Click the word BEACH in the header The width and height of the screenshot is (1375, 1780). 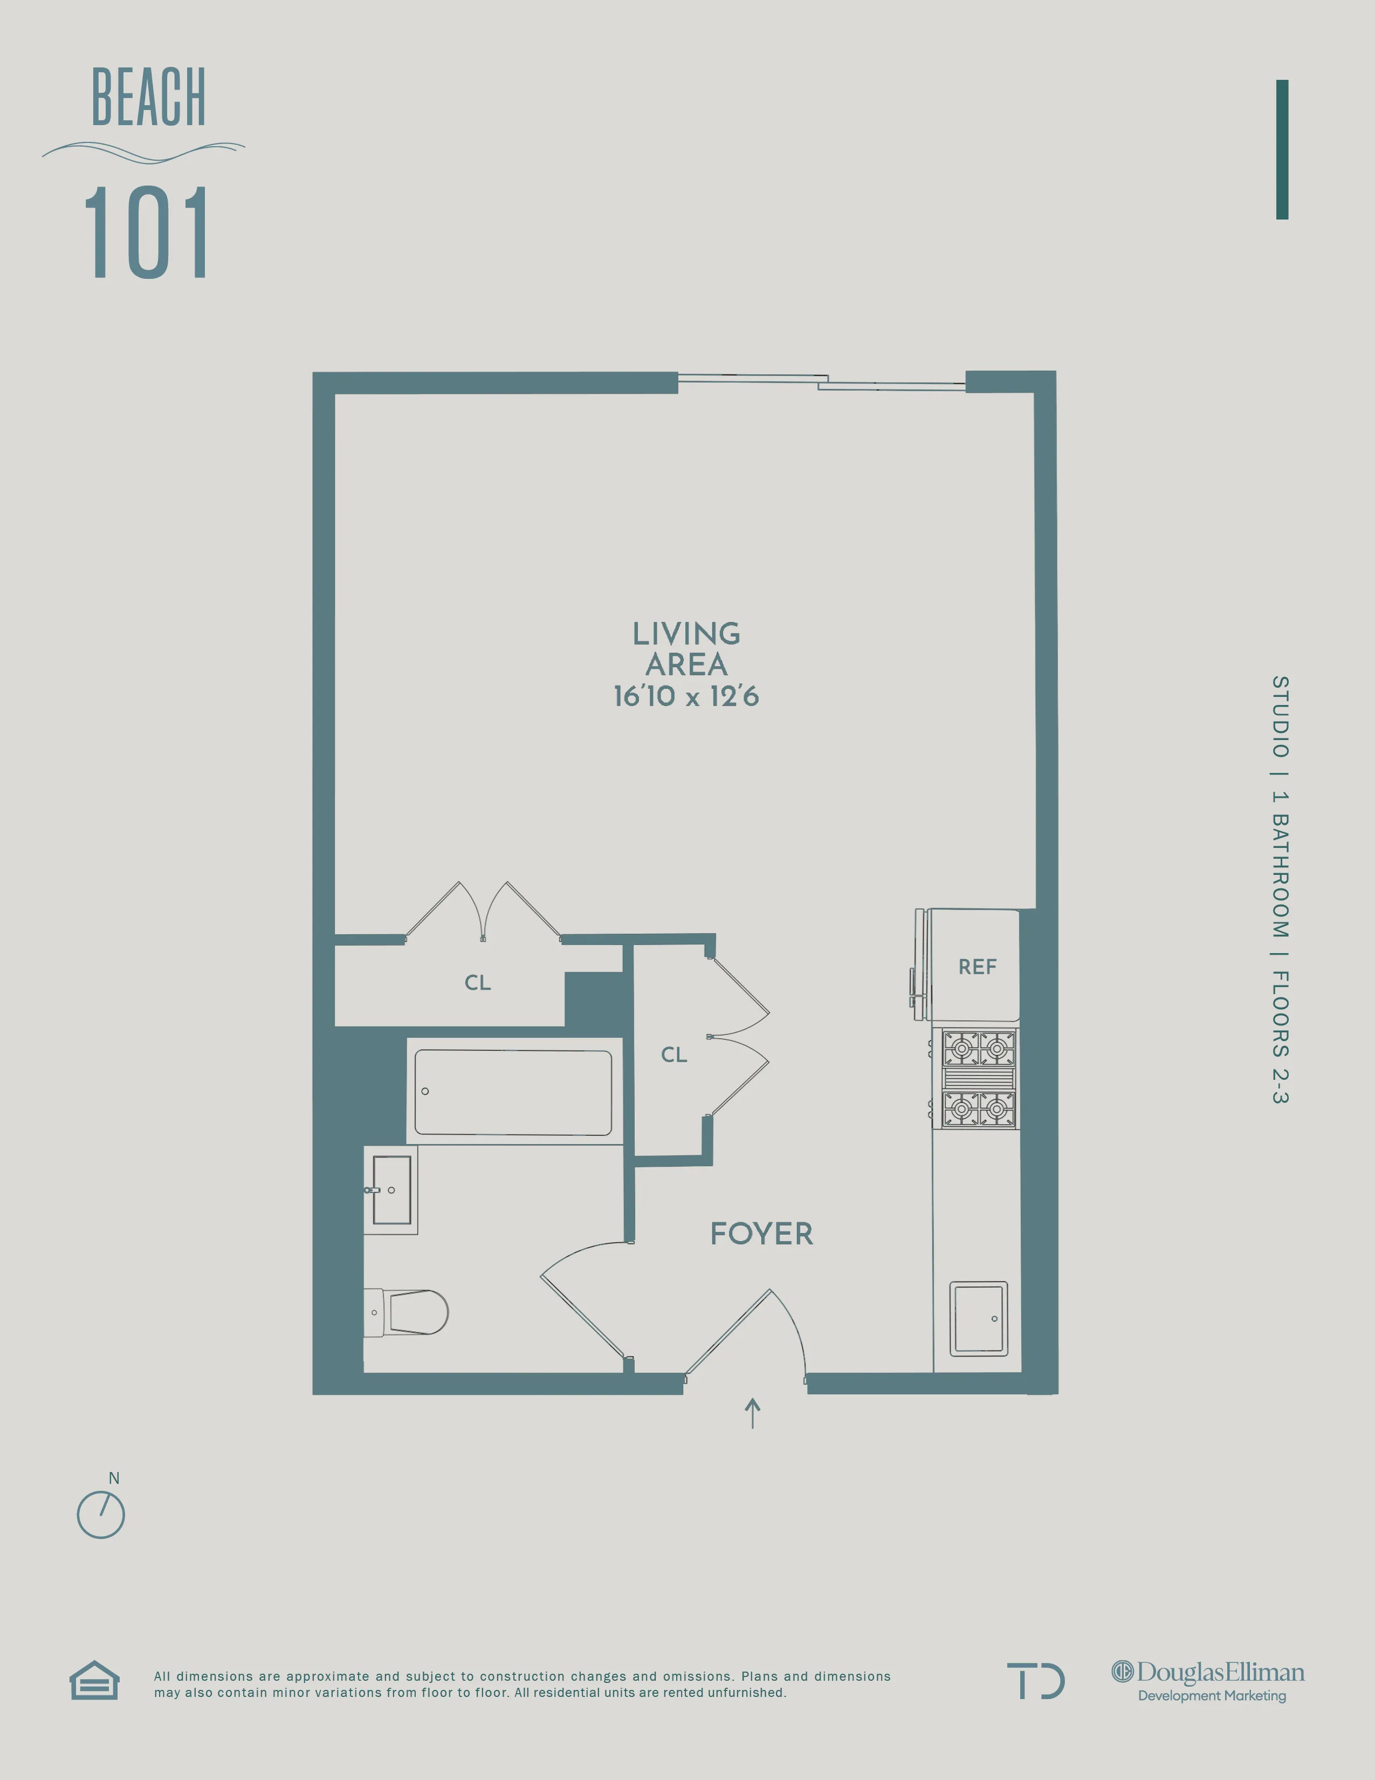[148, 98]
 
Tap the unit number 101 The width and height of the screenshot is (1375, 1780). [147, 233]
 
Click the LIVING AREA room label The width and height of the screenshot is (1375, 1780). [686, 649]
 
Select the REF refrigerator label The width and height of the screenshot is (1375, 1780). [977, 967]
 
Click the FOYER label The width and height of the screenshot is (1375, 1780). [761, 1233]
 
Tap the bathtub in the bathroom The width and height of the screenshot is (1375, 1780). [513, 1092]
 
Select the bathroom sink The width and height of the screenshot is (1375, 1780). [391, 1190]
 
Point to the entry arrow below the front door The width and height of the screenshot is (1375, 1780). [753, 1413]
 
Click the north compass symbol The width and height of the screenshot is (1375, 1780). [101, 1514]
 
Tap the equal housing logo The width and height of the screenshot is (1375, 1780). [94, 1681]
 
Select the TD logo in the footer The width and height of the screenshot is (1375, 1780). [1035, 1681]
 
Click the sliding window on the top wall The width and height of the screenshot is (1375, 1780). [821, 381]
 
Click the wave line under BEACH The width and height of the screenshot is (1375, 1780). [143, 152]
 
